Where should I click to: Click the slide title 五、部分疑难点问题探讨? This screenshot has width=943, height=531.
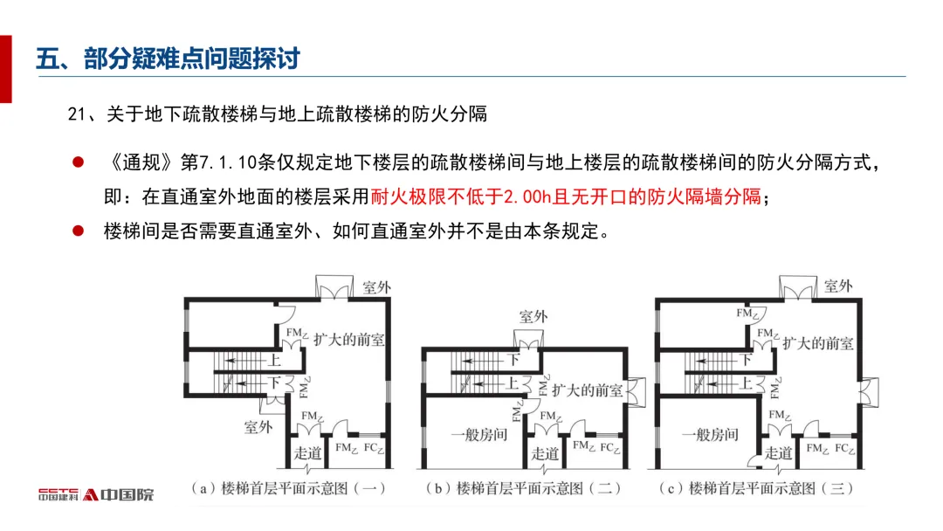click(169, 59)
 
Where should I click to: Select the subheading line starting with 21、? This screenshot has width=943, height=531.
click(277, 114)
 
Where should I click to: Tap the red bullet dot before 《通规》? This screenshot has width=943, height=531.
click(78, 162)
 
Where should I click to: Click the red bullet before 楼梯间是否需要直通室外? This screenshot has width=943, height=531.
click(78, 231)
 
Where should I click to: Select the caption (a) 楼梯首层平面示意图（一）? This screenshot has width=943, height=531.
click(288, 488)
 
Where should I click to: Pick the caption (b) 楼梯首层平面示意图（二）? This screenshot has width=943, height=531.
click(523, 488)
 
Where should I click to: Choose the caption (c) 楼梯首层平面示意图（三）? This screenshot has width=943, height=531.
click(756, 488)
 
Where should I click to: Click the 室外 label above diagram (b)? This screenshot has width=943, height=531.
click(533, 316)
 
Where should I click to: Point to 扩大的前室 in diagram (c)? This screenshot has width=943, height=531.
click(817, 344)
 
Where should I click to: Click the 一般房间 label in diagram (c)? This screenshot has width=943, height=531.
click(710, 434)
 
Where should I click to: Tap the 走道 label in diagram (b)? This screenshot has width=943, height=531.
click(545, 453)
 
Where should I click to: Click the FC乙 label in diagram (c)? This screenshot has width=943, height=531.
click(843, 449)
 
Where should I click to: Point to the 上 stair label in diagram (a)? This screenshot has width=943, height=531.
click(274, 360)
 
